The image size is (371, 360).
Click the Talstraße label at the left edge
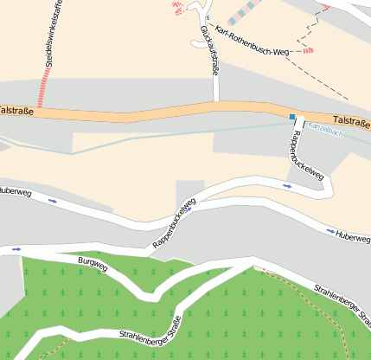(x=16, y=111)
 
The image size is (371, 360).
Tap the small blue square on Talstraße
(x=292, y=117)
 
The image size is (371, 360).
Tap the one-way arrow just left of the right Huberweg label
(x=330, y=231)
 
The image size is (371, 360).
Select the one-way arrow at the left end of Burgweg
(x=16, y=249)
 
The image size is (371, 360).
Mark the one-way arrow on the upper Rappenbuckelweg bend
(x=288, y=184)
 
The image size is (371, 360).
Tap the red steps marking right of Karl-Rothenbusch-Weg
(x=307, y=51)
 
